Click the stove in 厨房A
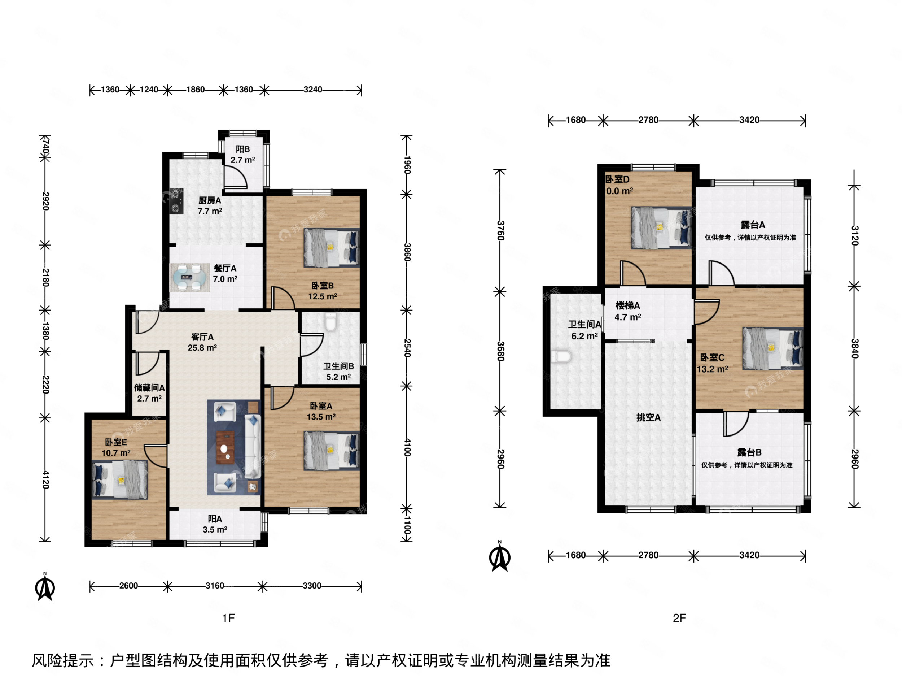pyautogui.click(x=176, y=201)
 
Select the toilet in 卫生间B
pyautogui.click(x=331, y=322)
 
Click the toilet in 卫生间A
pyautogui.click(x=561, y=357)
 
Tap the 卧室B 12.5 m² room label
pyautogui.click(x=322, y=291)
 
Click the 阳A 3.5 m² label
pyautogui.click(x=215, y=524)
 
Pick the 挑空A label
pyautogui.click(x=648, y=417)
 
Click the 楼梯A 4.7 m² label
pyautogui.click(x=627, y=311)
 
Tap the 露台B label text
pyautogui.click(x=749, y=452)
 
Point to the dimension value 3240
pyautogui.click(x=312, y=90)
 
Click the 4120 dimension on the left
pyautogui.click(x=46, y=479)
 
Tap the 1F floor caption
pyautogui.click(x=228, y=618)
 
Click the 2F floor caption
pyautogui.click(x=679, y=618)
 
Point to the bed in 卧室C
pyautogui.click(x=772, y=348)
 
